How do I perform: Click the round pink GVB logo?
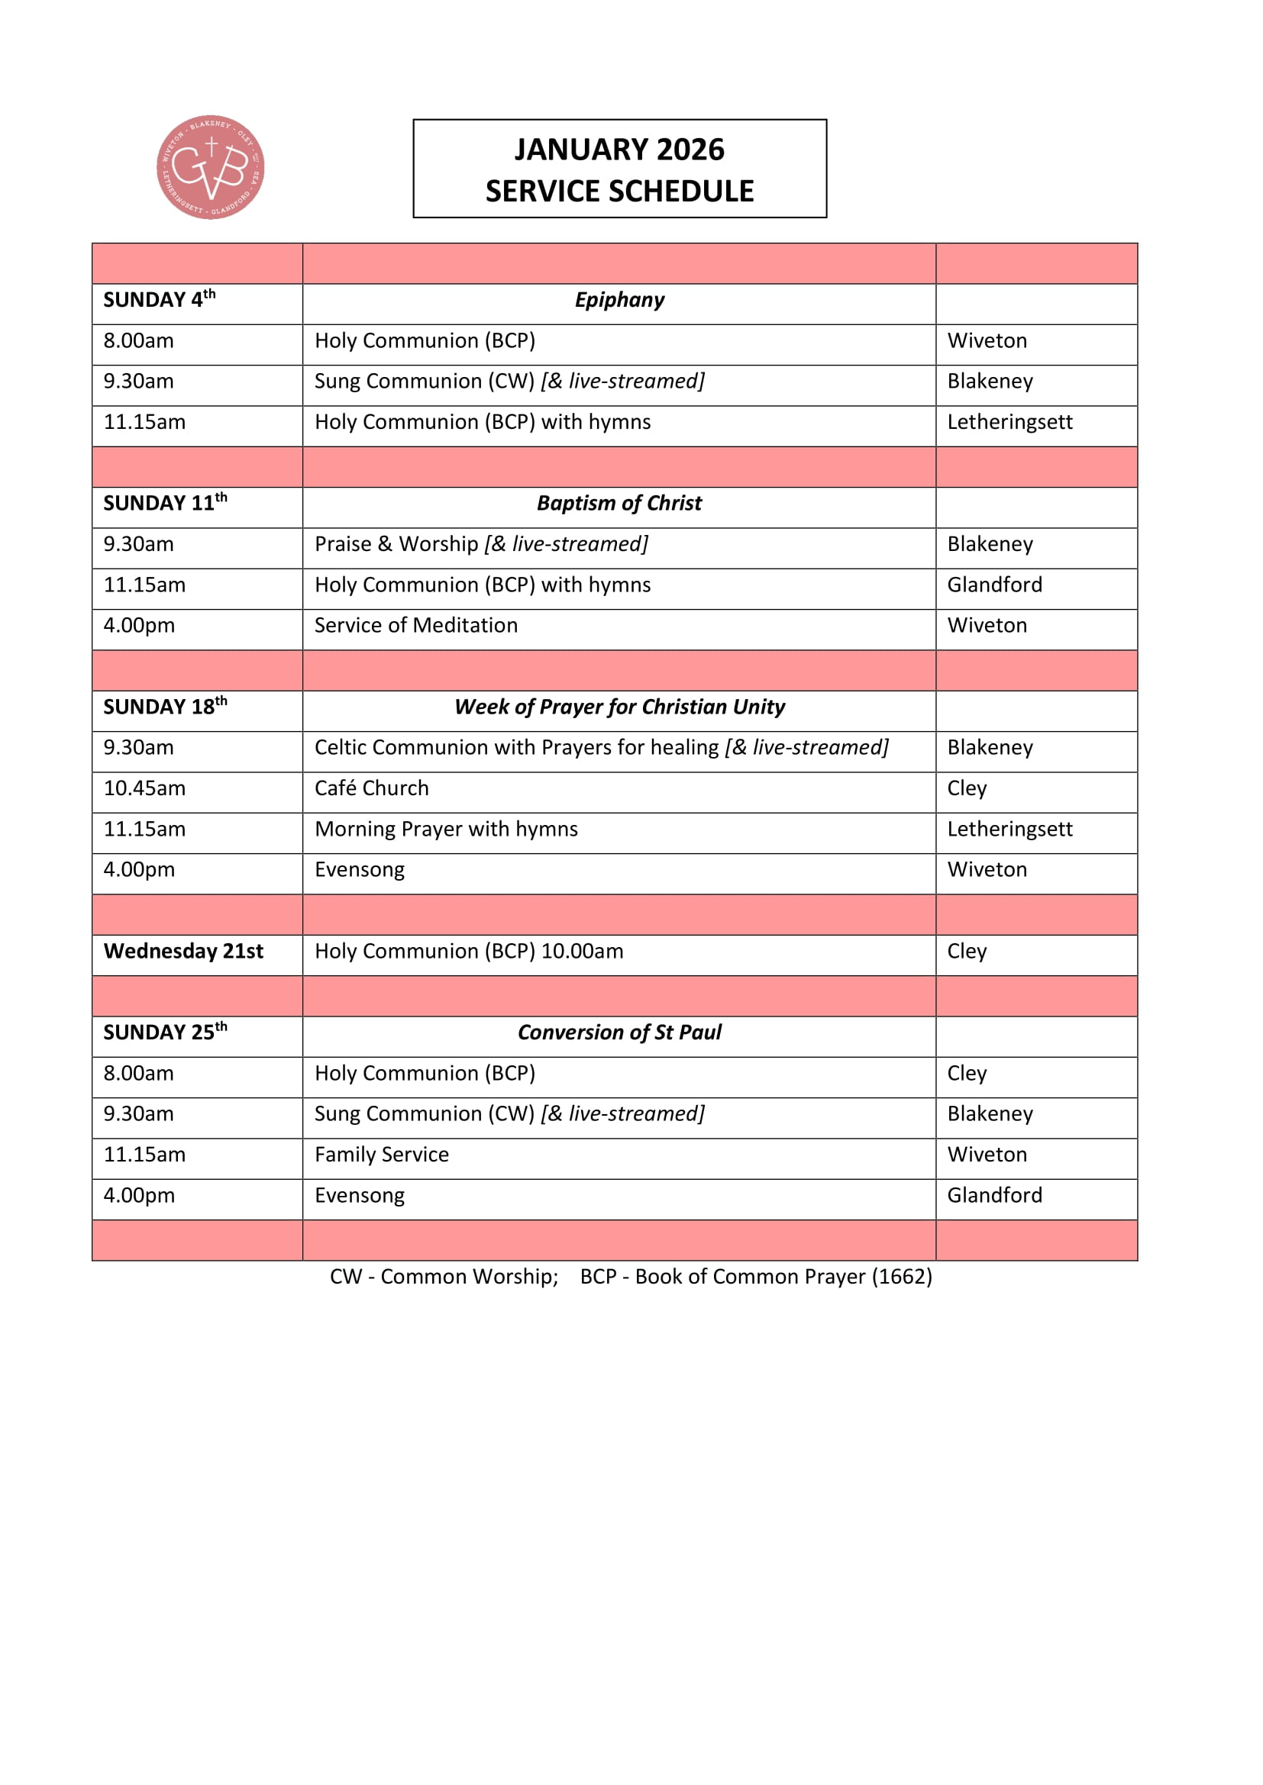pyautogui.click(x=210, y=167)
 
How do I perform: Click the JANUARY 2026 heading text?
pyautogui.click(x=619, y=150)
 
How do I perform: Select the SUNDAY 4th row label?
pyautogui.click(x=159, y=300)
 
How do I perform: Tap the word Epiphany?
pyautogui.click(x=619, y=300)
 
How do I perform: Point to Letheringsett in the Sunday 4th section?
pyautogui.click(x=1009, y=422)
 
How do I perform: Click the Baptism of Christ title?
pyautogui.click(x=619, y=504)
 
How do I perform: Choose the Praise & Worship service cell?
pyautogui.click(x=480, y=544)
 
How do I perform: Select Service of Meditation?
pyautogui.click(x=415, y=626)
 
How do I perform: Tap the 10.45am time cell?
pyautogui.click(x=144, y=788)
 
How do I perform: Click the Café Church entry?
pyautogui.click(x=371, y=788)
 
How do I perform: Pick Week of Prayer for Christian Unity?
pyautogui.click(x=619, y=707)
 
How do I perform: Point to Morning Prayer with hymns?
pyautogui.click(x=446, y=830)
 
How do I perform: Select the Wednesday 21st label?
pyautogui.click(x=183, y=952)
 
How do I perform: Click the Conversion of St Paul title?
pyautogui.click(x=619, y=1033)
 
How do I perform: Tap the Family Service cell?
pyautogui.click(x=381, y=1155)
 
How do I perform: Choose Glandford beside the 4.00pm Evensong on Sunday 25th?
pyautogui.click(x=994, y=1196)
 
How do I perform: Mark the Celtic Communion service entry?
pyautogui.click(x=600, y=748)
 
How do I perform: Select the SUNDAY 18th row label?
pyautogui.click(x=165, y=707)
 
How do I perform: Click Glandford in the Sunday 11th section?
pyautogui.click(x=994, y=585)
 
